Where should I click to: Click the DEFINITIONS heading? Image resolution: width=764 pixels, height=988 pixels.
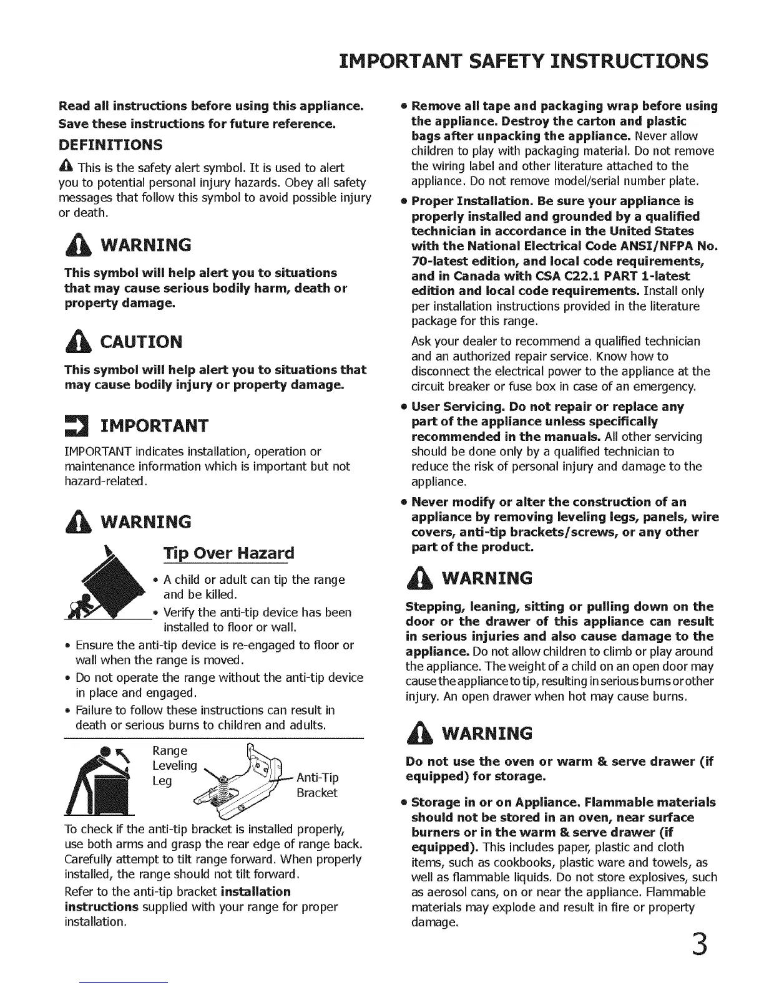tap(110, 145)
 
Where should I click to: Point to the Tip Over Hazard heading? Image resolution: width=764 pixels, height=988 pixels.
tap(228, 553)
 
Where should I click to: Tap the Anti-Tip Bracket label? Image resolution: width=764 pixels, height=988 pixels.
tap(317, 785)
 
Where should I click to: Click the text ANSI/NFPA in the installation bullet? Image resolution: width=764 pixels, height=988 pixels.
tap(652, 246)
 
